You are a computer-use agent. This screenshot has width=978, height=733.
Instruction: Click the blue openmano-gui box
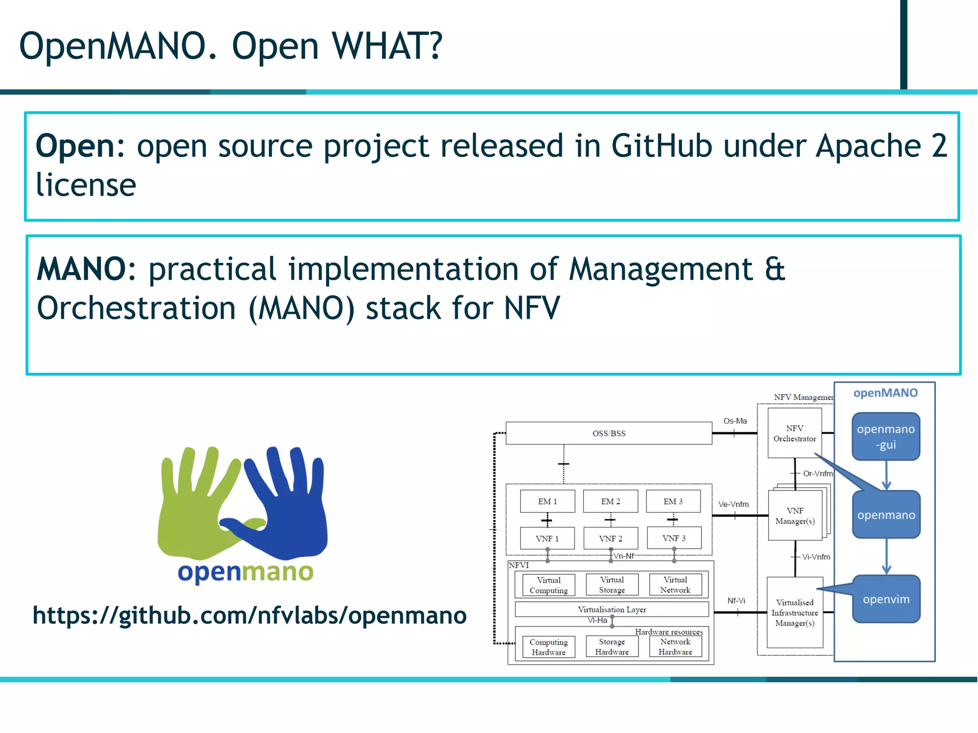coord(886,437)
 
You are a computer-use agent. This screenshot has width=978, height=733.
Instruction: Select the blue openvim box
coord(886,599)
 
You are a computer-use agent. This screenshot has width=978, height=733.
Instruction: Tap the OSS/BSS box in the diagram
coord(609,433)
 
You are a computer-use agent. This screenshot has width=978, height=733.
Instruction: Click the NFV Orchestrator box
coord(795,433)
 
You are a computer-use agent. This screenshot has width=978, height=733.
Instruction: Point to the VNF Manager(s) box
coord(795,516)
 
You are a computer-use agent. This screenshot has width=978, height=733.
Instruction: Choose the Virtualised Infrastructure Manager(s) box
coord(795,613)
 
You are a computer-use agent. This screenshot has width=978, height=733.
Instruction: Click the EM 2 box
coord(610,502)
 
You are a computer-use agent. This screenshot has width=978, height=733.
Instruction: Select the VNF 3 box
coord(674,538)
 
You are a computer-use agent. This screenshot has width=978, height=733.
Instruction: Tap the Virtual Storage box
coord(612,585)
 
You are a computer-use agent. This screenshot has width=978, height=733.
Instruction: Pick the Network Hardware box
coord(675,647)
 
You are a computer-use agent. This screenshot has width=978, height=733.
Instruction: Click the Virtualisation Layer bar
coord(612,609)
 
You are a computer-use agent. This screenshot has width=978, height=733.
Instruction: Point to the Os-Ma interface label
coord(735,421)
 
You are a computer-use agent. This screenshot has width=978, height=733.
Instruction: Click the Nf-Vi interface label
coord(736,601)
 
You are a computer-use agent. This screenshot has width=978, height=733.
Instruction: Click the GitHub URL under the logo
coord(249,616)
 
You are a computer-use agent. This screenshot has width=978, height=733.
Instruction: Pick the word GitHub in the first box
coord(662,146)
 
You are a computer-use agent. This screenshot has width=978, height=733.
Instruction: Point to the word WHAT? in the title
coord(387,46)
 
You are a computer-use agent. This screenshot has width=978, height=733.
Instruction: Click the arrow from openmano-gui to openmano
coord(886,475)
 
